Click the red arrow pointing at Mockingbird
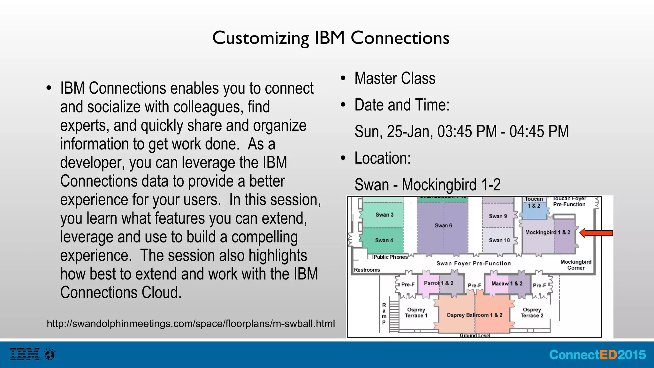tap(596, 233)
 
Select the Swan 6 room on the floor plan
tap(443, 226)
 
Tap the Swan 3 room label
tap(384, 215)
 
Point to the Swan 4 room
tap(384, 240)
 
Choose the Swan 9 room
tap(498, 216)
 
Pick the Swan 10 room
tap(499, 240)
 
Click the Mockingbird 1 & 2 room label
tap(547, 233)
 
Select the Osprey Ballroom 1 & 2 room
tap(474, 315)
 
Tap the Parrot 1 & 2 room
tap(438, 283)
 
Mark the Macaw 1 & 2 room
tap(507, 284)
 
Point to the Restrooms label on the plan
tap(367, 270)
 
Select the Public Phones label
tap(390, 257)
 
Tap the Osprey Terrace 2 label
tap(532, 313)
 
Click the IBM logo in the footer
tap(25, 354)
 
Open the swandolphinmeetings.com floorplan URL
tap(191, 324)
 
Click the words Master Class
tap(395, 78)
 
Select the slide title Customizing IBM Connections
tap(331, 38)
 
